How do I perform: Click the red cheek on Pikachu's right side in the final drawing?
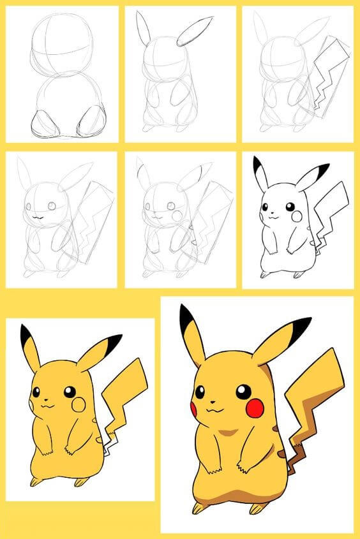click(x=254, y=408)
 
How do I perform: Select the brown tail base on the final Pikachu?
click(x=281, y=454)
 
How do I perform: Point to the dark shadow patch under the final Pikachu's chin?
click(x=223, y=433)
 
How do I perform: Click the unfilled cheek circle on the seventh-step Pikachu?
click(x=79, y=404)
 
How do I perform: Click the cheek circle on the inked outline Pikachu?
click(x=297, y=217)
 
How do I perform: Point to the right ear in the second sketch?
click(x=195, y=31)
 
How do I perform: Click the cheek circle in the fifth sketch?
click(x=177, y=216)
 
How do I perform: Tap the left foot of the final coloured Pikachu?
click(x=199, y=508)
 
